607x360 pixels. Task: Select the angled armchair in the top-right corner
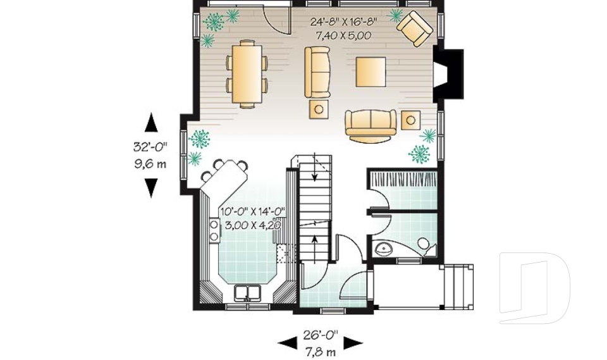[415, 28]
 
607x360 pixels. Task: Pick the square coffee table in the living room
[371, 71]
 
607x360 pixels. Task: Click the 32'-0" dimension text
[150, 147]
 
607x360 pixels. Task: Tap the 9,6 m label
[150, 164]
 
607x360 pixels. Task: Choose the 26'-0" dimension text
[321, 333]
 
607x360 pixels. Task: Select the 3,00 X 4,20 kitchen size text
[250, 224]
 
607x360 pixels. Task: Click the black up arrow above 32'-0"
[151, 123]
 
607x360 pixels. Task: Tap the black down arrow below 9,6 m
[151, 188]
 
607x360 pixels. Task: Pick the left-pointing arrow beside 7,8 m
[288, 342]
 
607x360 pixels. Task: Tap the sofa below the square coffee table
[371, 123]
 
